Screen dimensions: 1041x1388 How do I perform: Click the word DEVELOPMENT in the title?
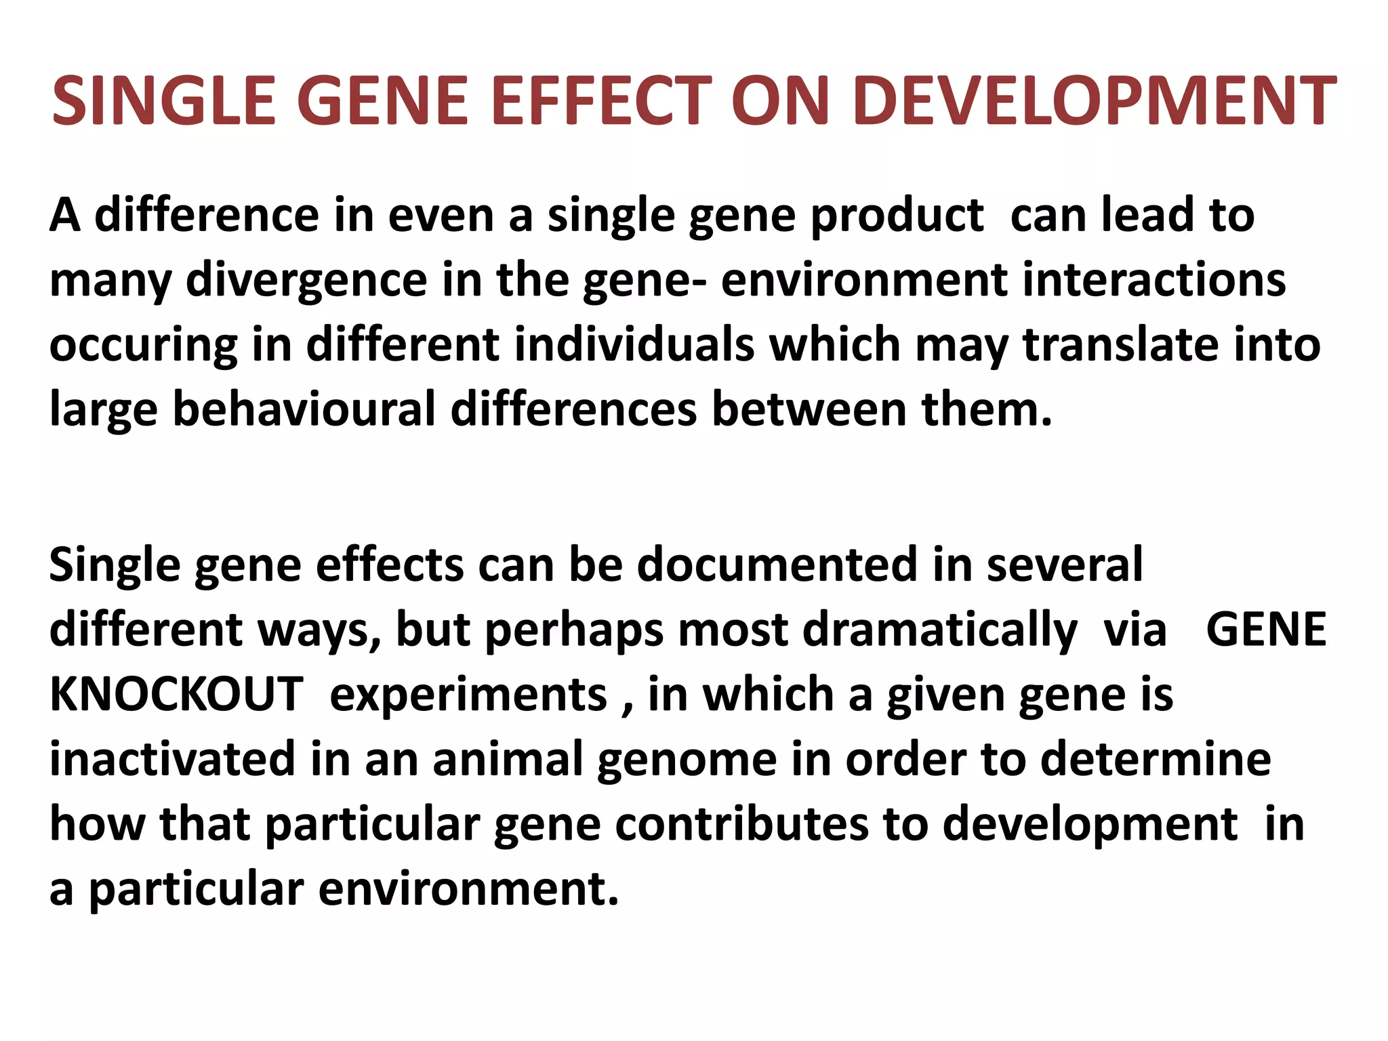pos(1095,102)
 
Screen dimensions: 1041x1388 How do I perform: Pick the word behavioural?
pos(304,409)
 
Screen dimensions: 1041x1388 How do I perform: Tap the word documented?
pos(777,564)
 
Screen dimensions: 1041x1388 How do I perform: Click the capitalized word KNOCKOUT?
pos(176,694)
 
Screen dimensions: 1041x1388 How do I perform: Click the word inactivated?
pos(172,759)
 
